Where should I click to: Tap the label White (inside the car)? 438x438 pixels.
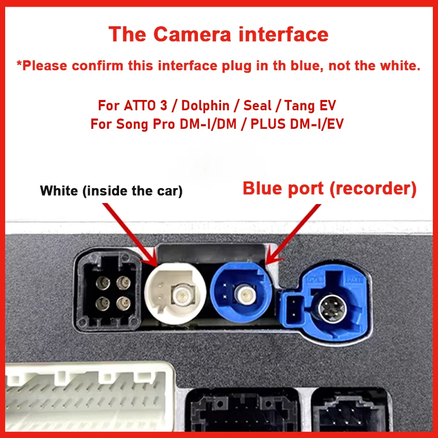point(111,191)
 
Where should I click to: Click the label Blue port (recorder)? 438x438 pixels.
point(329,189)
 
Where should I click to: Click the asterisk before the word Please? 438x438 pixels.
point(19,65)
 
